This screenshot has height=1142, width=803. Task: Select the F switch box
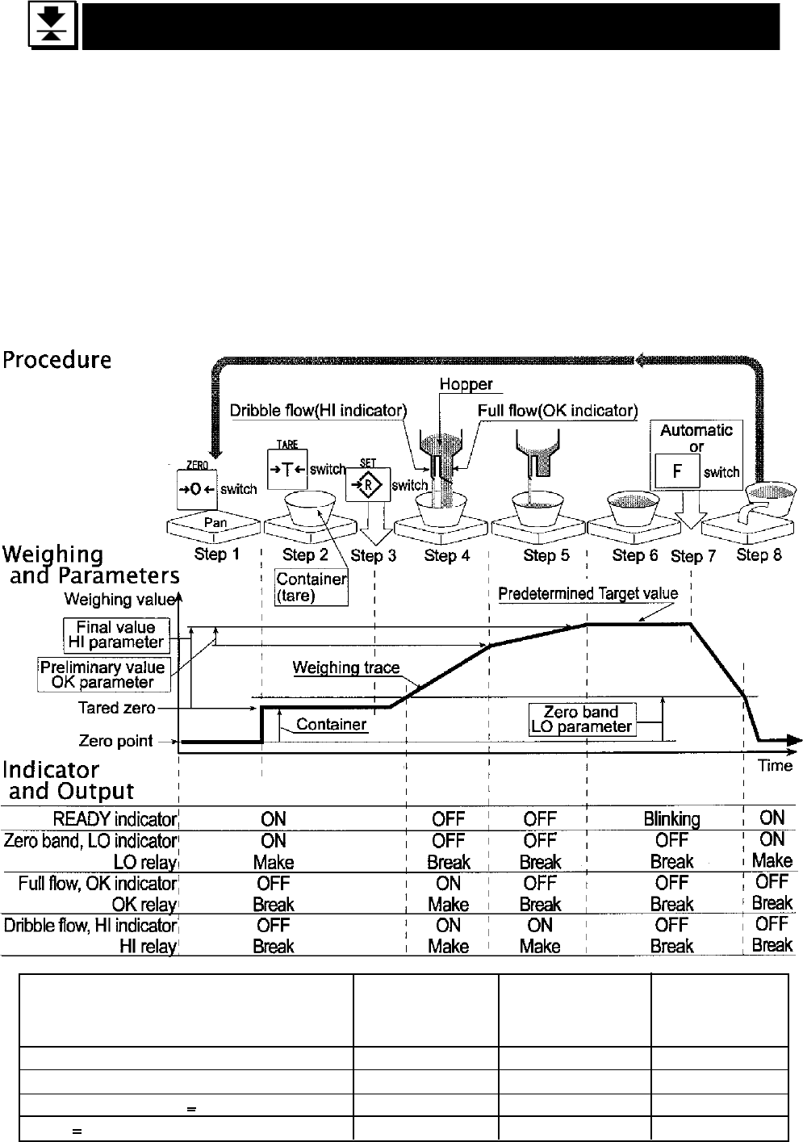click(x=676, y=471)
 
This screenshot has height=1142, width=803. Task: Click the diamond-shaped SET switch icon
click(x=368, y=486)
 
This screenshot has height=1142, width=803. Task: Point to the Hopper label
click(x=466, y=386)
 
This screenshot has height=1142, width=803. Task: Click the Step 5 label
click(x=546, y=555)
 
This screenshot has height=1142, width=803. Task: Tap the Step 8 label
click(x=759, y=555)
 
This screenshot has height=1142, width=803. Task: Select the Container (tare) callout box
click(x=312, y=587)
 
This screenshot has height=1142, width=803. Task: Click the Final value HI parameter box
click(x=116, y=635)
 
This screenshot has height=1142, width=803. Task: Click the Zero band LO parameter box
click(x=581, y=719)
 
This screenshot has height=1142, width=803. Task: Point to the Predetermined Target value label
click(x=588, y=594)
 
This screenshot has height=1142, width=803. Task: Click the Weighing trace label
click(x=345, y=667)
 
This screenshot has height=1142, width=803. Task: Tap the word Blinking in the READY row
click(x=671, y=819)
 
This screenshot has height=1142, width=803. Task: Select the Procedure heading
click(x=56, y=360)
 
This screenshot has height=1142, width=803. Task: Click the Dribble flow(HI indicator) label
click(x=318, y=411)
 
